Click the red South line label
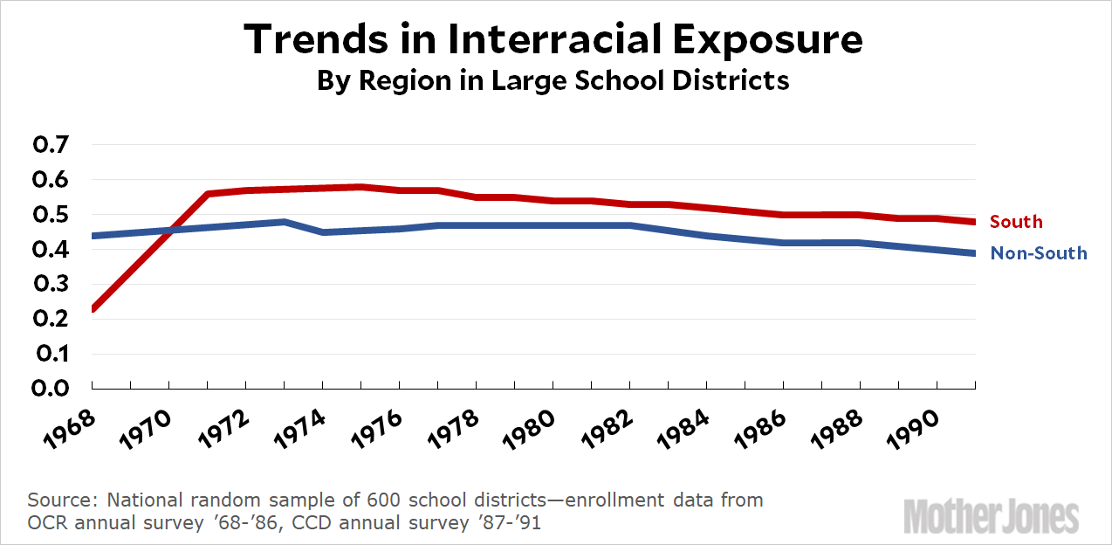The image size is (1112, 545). click(1016, 222)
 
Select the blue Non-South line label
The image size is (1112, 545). click(1039, 253)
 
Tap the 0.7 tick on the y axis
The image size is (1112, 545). click(55, 145)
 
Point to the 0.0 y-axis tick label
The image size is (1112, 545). click(55, 389)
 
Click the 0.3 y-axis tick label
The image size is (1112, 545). click(55, 285)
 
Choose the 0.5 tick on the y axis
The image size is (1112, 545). click(55, 215)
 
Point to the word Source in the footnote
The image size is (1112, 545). click(60, 500)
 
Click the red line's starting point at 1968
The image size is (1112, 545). click(93, 308)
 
